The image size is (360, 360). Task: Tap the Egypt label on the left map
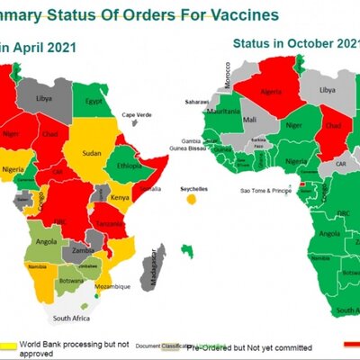pyautogui.click(x=91, y=101)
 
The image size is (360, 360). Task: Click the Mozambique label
pyautogui.click(x=113, y=286)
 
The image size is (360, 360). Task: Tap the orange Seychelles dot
pyautogui.click(x=190, y=199)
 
